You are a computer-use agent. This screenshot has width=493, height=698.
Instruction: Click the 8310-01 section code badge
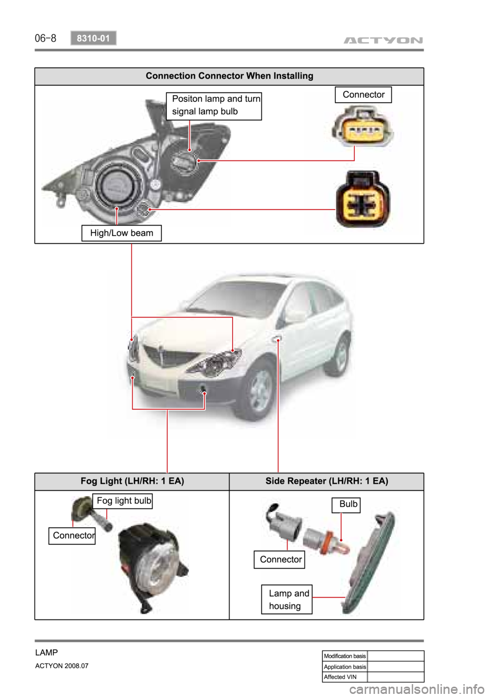click(93, 38)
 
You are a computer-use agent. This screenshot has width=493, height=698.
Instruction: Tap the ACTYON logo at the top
click(383, 40)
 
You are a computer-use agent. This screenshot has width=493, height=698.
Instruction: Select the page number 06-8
click(45, 38)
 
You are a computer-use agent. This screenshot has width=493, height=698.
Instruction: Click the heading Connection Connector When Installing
click(229, 76)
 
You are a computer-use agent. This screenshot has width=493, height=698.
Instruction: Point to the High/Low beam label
click(121, 233)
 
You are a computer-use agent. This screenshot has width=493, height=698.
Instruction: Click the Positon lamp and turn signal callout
click(214, 105)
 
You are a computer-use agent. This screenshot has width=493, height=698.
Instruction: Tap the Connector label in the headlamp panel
click(363, 95)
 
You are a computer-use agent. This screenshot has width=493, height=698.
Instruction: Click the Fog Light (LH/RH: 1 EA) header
click(132, 481)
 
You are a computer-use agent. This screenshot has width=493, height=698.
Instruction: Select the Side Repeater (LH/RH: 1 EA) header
click(327, 481)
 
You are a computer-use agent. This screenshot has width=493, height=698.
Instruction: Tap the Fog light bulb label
click(123, 501)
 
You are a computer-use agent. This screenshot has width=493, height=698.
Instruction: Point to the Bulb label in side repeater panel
click(348, 504)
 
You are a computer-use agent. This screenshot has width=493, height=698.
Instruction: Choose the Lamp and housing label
click(287, 599)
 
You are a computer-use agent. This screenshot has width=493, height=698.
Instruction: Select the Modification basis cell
click(345, 656)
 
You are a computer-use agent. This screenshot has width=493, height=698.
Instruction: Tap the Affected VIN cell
click(345, 677)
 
